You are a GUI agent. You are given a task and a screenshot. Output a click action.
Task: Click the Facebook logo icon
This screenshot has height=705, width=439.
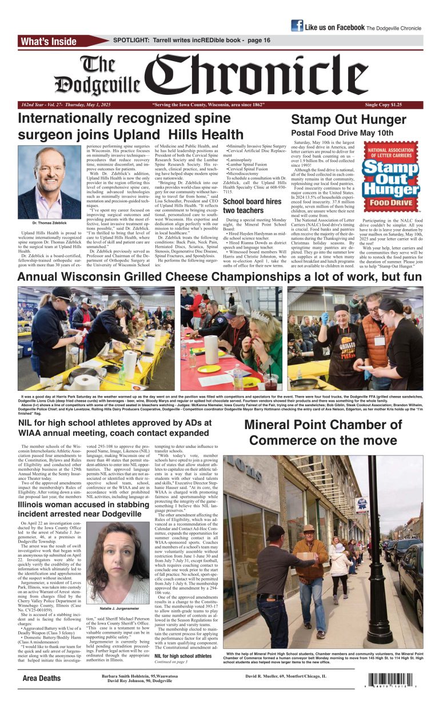[297, 26]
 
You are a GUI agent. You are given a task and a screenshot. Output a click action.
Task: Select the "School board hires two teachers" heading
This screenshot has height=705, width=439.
[252, 206]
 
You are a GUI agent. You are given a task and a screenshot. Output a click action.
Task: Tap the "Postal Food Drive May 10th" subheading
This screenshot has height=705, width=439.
[342, 133]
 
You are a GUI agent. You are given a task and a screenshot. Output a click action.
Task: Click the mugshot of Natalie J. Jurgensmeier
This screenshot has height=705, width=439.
[117, 563]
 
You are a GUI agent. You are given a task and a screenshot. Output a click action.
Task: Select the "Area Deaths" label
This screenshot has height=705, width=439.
[42, 678]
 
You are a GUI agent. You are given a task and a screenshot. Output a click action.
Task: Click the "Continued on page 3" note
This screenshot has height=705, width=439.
[170, 662]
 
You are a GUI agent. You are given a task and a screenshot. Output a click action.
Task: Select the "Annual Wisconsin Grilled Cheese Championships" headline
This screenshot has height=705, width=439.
[219, 277]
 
